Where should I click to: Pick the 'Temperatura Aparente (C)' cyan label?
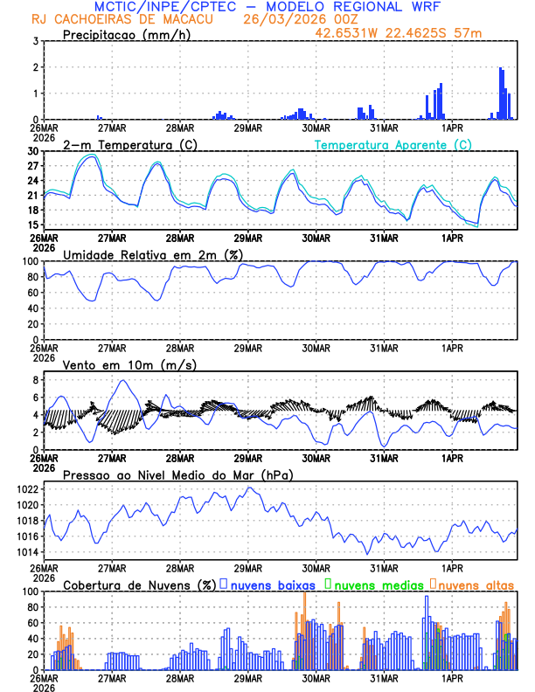pos(393,144)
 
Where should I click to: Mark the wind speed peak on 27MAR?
pos(122,380)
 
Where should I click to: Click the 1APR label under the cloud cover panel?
pos(452,678)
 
